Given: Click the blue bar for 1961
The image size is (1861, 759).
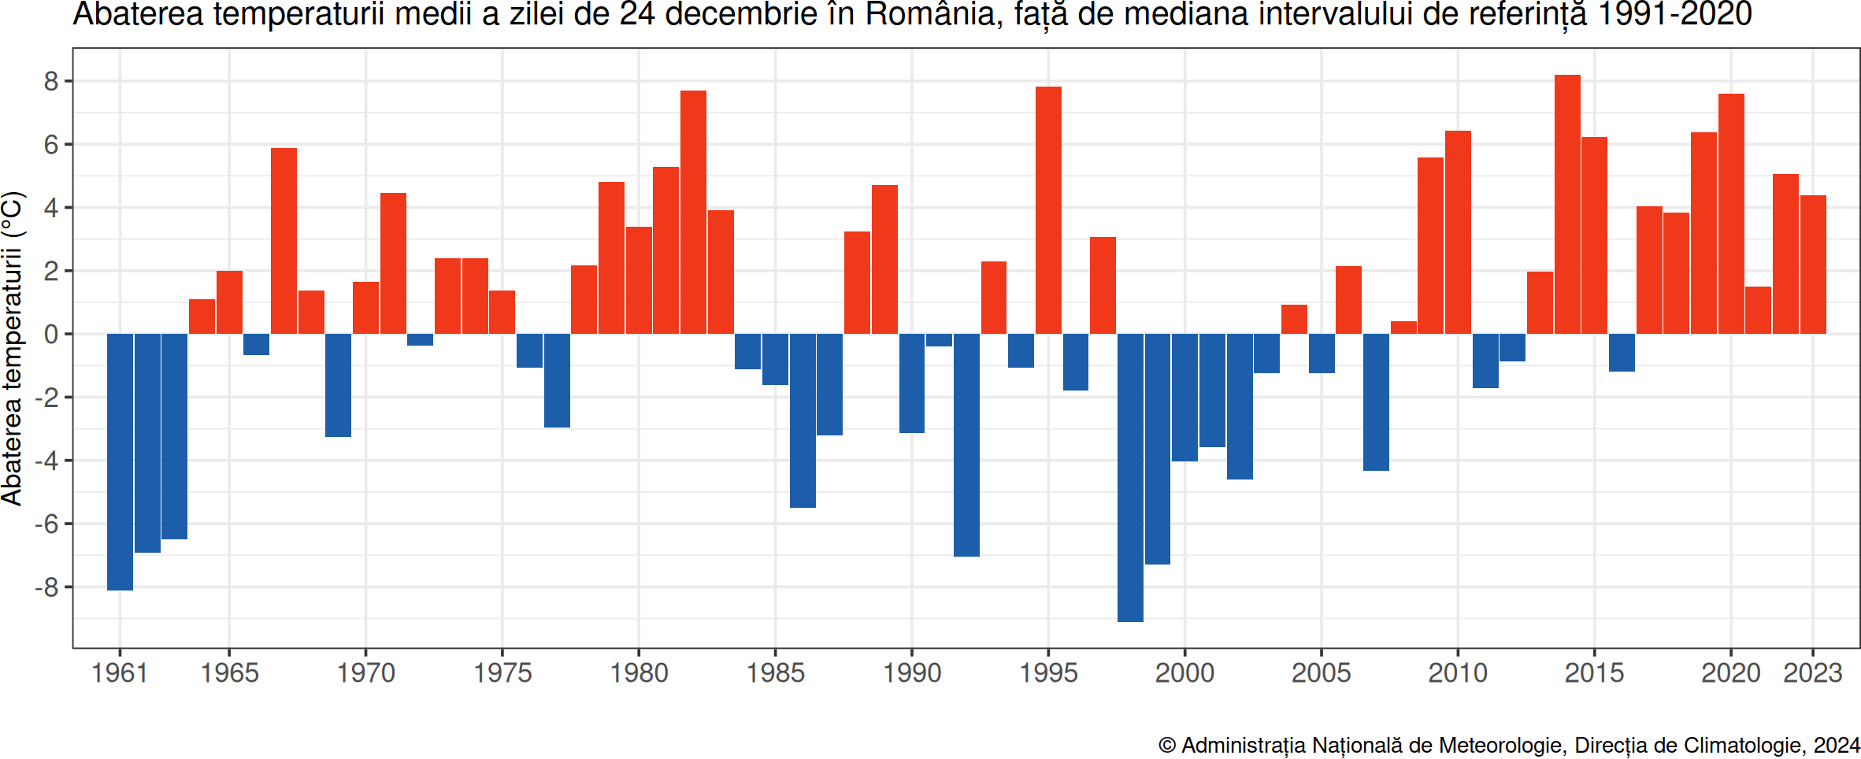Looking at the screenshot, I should [x=120, y=461].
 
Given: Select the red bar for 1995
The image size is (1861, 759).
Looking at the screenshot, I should [x=1048, y=210].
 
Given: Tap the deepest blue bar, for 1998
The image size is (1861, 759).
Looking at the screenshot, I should [x=1130, y=477].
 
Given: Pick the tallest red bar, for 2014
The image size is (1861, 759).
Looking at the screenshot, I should [x=1567, y=204].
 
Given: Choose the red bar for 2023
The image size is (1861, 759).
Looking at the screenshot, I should [x=1813, y=265].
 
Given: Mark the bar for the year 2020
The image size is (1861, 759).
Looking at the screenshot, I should [x=1731, y=213].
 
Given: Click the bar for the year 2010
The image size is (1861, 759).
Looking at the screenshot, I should [x=1458, y=232].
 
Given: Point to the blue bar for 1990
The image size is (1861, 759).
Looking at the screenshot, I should [x=912, y=383].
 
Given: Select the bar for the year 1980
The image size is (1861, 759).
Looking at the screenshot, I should [x=639, y=280].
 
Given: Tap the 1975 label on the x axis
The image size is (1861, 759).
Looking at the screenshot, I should [x=502, y=673].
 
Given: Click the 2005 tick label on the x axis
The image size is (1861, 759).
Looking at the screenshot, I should [x=1322, y=673].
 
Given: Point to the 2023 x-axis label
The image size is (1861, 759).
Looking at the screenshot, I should [x=1813, y=673].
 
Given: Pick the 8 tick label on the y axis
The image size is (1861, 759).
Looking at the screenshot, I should [x=51, y=81].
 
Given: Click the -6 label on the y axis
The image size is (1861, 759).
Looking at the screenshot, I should [x=46, y=524].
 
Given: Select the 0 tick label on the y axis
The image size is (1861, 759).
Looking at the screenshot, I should [x=51, y=334].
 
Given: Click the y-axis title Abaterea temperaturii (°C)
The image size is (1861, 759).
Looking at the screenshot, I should [x=13, y=348].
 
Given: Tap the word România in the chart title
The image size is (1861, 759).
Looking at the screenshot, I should [x=930, y=15].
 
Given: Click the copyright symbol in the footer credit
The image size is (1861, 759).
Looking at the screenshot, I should [x=1166, y=745].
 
